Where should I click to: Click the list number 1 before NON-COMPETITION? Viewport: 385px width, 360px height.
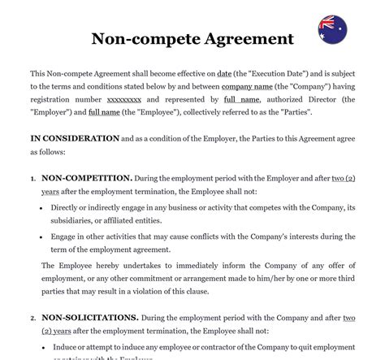pyautogui.click(x=33, y=177)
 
